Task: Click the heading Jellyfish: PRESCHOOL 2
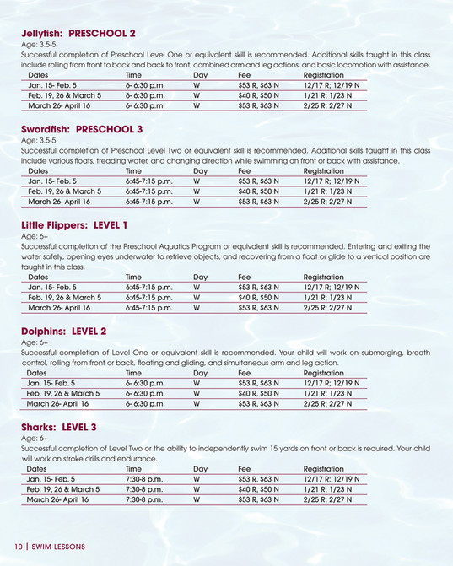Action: (x=78, y=34)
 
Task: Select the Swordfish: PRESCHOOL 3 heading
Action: (x=81, y=129)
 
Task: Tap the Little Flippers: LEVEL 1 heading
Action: (x=74, y=225)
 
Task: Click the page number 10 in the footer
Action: (x=17, y=547)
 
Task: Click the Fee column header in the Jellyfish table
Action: (x=245, y=75)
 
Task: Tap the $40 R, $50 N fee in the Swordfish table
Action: (x=258, y=191)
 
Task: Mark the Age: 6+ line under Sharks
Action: (x=34, y=439)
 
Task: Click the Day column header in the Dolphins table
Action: (x=200, y=373)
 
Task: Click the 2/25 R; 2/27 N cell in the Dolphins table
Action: (x=327, y=404)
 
